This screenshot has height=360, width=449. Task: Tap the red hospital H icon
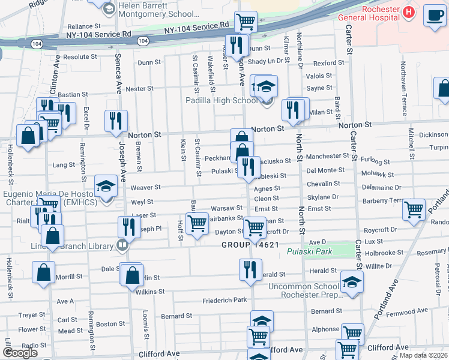click(409, 11)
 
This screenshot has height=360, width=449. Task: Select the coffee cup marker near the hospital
click(434, 16)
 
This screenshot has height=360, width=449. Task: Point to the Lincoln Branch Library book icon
click(122, 245)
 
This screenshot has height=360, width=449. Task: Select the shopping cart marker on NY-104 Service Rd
click(246, 22)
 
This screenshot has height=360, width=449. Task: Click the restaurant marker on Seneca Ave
click(116, 121)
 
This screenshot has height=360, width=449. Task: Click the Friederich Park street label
click(224, 300)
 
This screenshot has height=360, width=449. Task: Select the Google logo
click(19, 353)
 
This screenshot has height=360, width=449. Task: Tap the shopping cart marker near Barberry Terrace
click(414, 210)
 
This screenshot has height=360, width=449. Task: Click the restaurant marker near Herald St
click(250, 269)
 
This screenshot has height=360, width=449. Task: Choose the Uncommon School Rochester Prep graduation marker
click(352, 282)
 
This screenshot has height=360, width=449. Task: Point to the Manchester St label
click(327, 156)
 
